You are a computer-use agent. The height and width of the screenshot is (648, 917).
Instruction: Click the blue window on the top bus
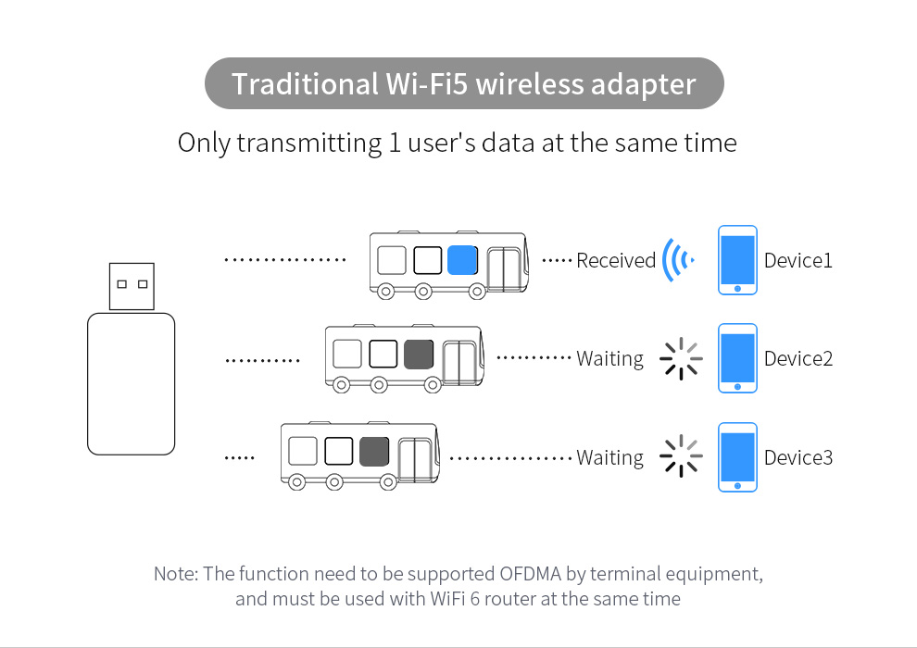coord(461,260)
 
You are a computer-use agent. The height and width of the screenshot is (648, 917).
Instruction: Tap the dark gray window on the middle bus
coord(419,354)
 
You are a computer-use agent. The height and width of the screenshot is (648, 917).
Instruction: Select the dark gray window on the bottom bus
coord(374,451)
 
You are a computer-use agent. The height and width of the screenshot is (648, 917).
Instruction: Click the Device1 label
coord(798,261)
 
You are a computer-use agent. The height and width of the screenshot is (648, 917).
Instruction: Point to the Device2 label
coord(798,358)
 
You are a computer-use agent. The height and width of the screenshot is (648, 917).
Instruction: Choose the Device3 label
coord(798,457)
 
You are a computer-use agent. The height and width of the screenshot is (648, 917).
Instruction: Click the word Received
coord(616,261)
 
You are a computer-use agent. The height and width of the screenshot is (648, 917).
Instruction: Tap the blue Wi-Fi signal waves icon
coord(676,261)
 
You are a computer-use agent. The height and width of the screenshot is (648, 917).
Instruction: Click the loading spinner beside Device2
coord(681,358)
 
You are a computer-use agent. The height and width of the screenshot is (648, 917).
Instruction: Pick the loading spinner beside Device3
coord(681,456)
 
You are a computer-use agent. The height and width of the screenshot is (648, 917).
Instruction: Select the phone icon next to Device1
coord(737,260)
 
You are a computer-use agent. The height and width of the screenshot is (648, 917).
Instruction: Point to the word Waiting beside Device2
coord(609,358)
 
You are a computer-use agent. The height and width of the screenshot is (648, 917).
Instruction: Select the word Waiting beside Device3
coord(609,457)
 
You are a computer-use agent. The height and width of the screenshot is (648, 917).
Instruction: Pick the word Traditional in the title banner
coord(302,84)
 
